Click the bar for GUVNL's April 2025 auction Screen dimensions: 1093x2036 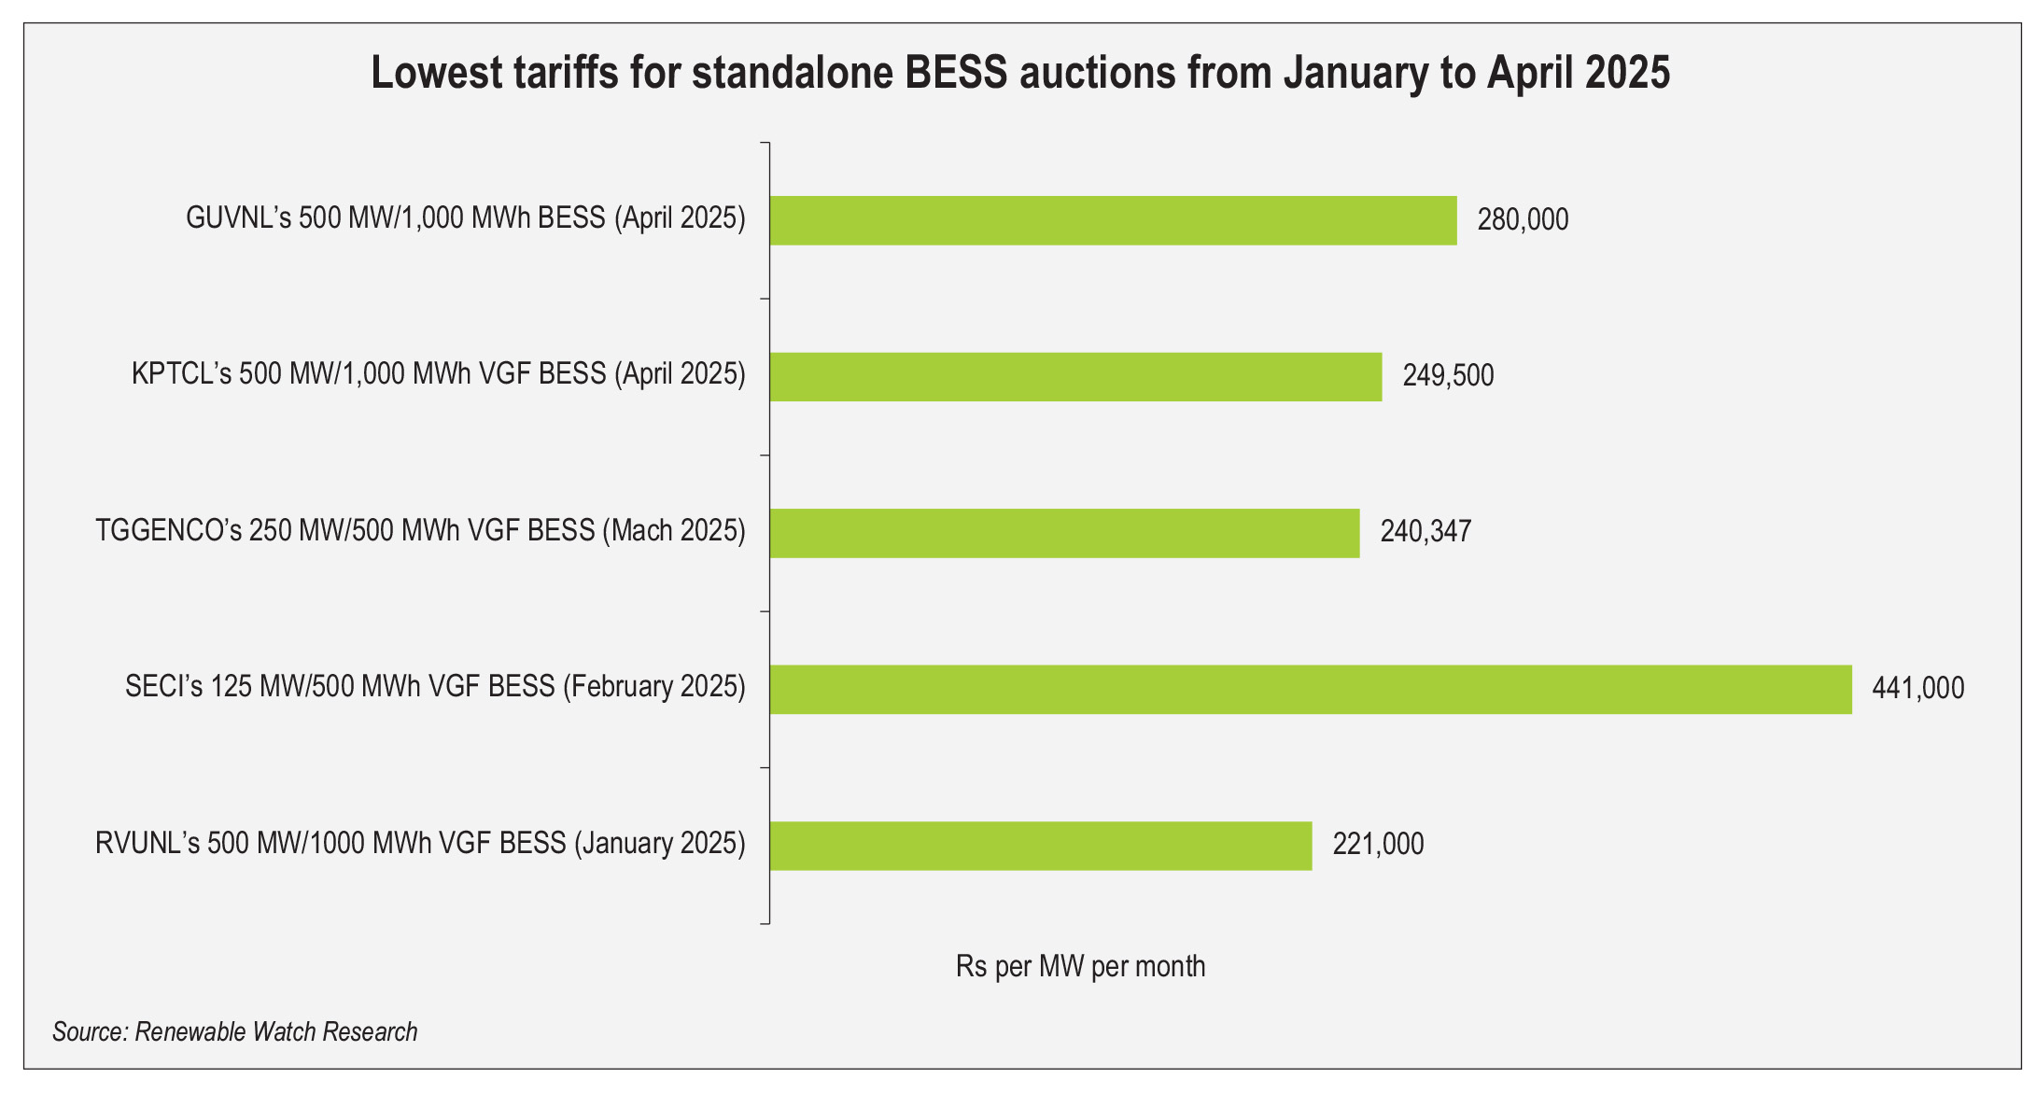click(1113, 220)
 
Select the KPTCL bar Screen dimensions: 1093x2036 click(1075, 376)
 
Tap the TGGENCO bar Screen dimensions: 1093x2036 click(1064, 533)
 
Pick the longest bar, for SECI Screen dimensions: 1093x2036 click(1311, 689)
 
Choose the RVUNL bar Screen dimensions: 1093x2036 click(1040, 846)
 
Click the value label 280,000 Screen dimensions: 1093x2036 click(1523, 220)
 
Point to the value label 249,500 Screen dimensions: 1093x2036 click(1448, 376)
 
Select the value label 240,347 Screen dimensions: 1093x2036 click(1425, 532)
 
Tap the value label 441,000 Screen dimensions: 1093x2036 click(1917, 689)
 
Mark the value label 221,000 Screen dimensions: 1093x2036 click(1378, 845)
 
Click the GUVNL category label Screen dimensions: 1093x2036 click(465, 218)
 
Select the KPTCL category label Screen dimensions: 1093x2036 click(438, 374)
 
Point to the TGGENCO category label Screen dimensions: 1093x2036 click(420, 531)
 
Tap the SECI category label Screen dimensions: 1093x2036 click(435, 687)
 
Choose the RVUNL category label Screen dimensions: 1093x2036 click(420, 844)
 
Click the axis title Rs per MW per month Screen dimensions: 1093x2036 click(1080, 966)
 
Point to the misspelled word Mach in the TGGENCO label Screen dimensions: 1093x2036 click(641, 531)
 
